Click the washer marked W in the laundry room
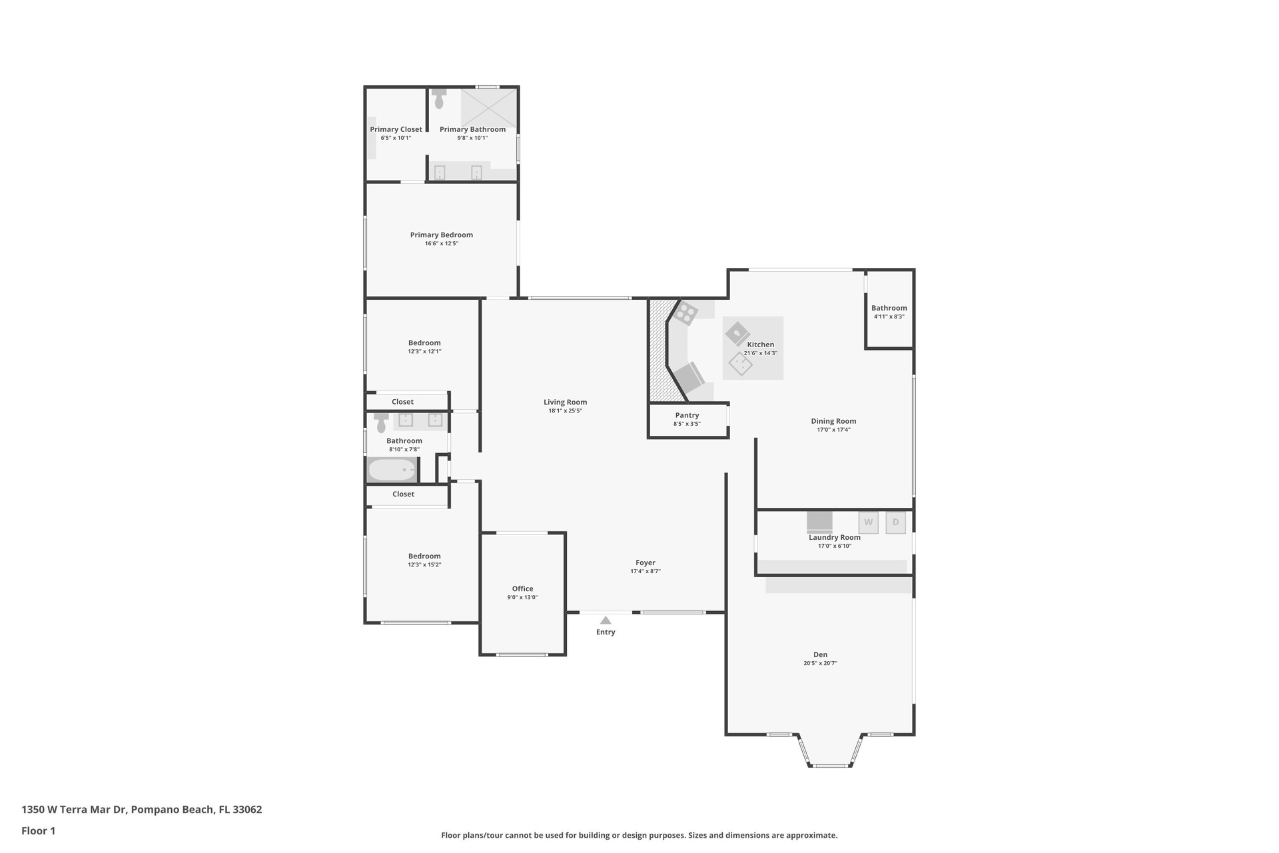coord(868,522)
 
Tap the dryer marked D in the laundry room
coord(895,522)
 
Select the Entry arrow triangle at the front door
coord(606,620)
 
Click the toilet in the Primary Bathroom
coord(439,99)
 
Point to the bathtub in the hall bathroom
coord(392,470)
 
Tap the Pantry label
coord(687,415)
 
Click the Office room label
coord(522,588)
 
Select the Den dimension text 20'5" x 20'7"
coord(820,663)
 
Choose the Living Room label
coord(565,402)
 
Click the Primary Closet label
coord(396,129)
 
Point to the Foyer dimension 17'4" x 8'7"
coord(645,571)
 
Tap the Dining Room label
coord(833,421)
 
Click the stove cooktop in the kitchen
coord(685,312)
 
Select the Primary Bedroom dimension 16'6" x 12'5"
coord(442,243)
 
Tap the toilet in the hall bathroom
coord(381,422)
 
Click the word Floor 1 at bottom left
coord(38,830)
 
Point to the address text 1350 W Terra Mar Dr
coord(74,810)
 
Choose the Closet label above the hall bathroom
coord(402,402)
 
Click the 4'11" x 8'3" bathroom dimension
coord(889,317)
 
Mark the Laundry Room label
coord(835,537)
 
